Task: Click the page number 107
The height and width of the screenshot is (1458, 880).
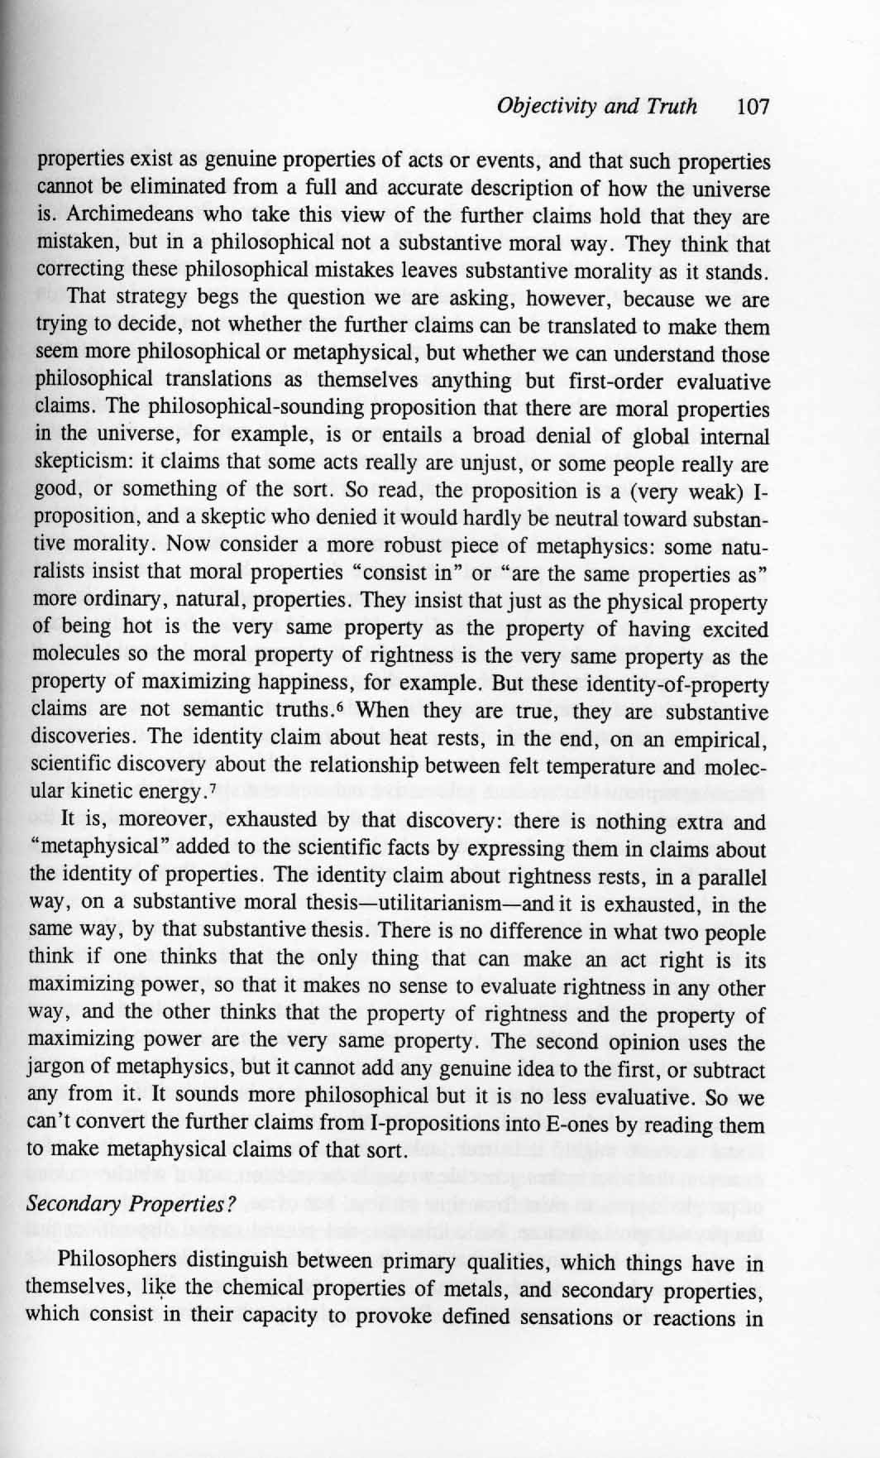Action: click(752, 107)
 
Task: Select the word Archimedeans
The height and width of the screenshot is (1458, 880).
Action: click(112, 218)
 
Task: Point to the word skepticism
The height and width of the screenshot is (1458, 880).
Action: click(76, 464)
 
